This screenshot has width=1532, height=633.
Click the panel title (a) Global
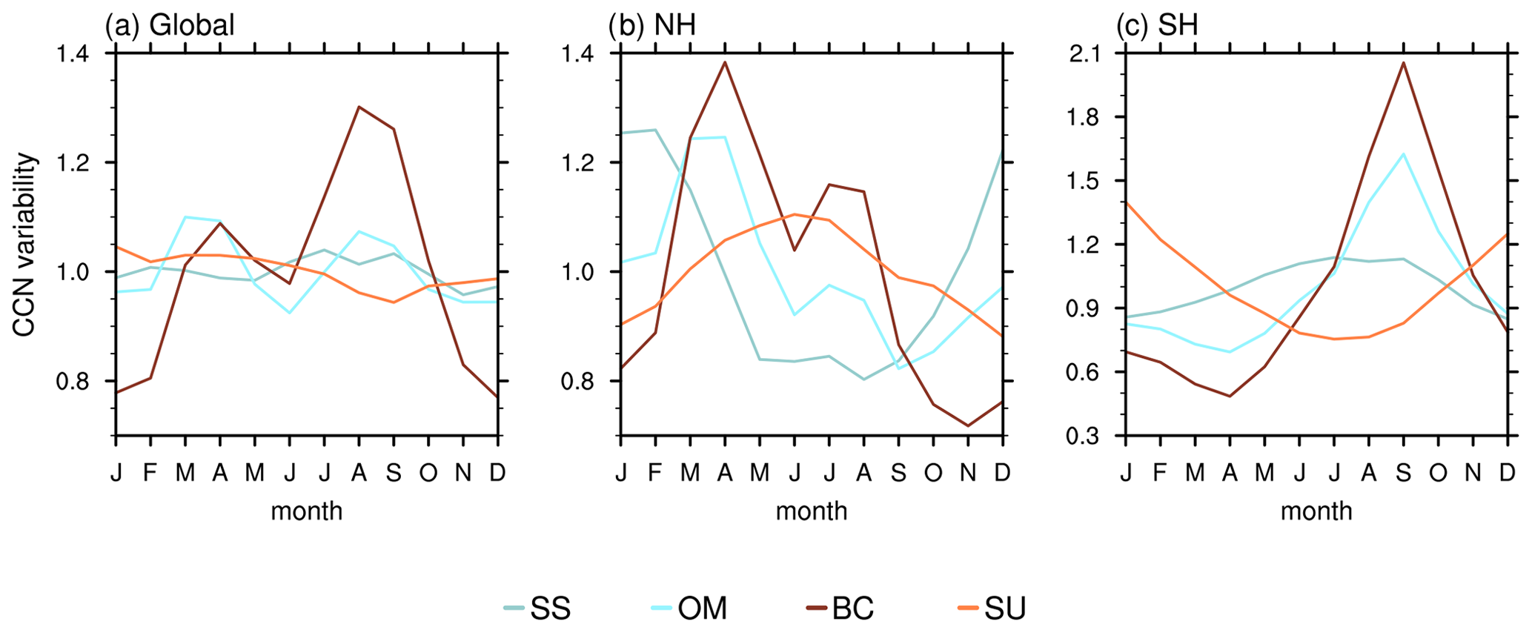click(170, 25)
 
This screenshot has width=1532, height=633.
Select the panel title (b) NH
click(652, 25)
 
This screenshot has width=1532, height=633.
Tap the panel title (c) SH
click(1157, 25)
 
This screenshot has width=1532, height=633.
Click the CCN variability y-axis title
click(24, 245)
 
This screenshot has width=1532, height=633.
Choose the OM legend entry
click(690, 609)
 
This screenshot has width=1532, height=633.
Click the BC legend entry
click(840, 609)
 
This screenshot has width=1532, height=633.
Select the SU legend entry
click(992, 609)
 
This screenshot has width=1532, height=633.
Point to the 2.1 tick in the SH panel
click(1093, 54)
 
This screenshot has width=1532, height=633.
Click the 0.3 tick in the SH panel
click(1093, 436)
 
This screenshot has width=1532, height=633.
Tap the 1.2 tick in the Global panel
click(84, 163)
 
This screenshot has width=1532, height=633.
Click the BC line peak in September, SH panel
click(1403, 62)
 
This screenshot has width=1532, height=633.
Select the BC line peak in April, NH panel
click(725, 62)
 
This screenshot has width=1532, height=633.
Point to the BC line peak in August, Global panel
click(359, 107)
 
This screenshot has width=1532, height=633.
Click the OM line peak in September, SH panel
click(1403, 154)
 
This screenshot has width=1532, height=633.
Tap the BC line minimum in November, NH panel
click(967, 425)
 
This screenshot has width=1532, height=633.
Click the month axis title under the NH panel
click(812, 511)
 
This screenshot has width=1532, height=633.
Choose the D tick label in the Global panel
click(497, 473)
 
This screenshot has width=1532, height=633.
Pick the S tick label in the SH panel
click(1403, 473)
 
